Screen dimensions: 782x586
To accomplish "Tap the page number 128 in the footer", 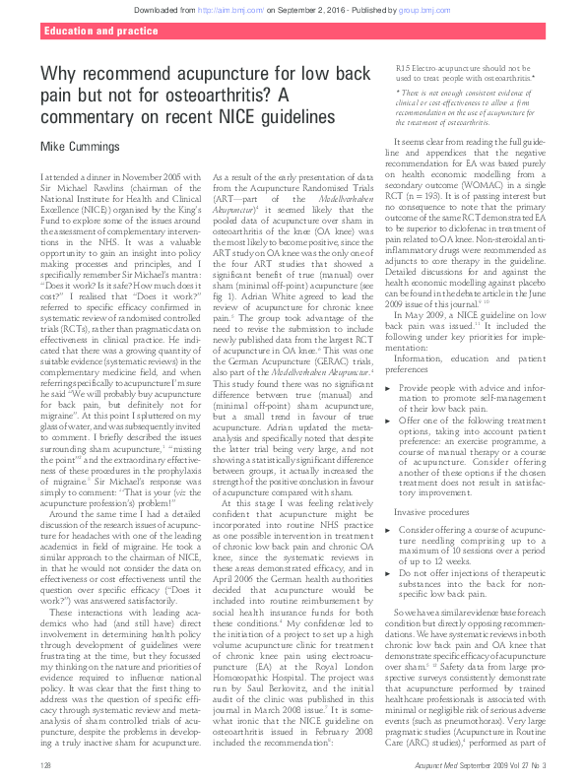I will click(x=45, y=765).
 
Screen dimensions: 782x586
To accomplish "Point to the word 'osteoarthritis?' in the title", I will click(x=237, y=96).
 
